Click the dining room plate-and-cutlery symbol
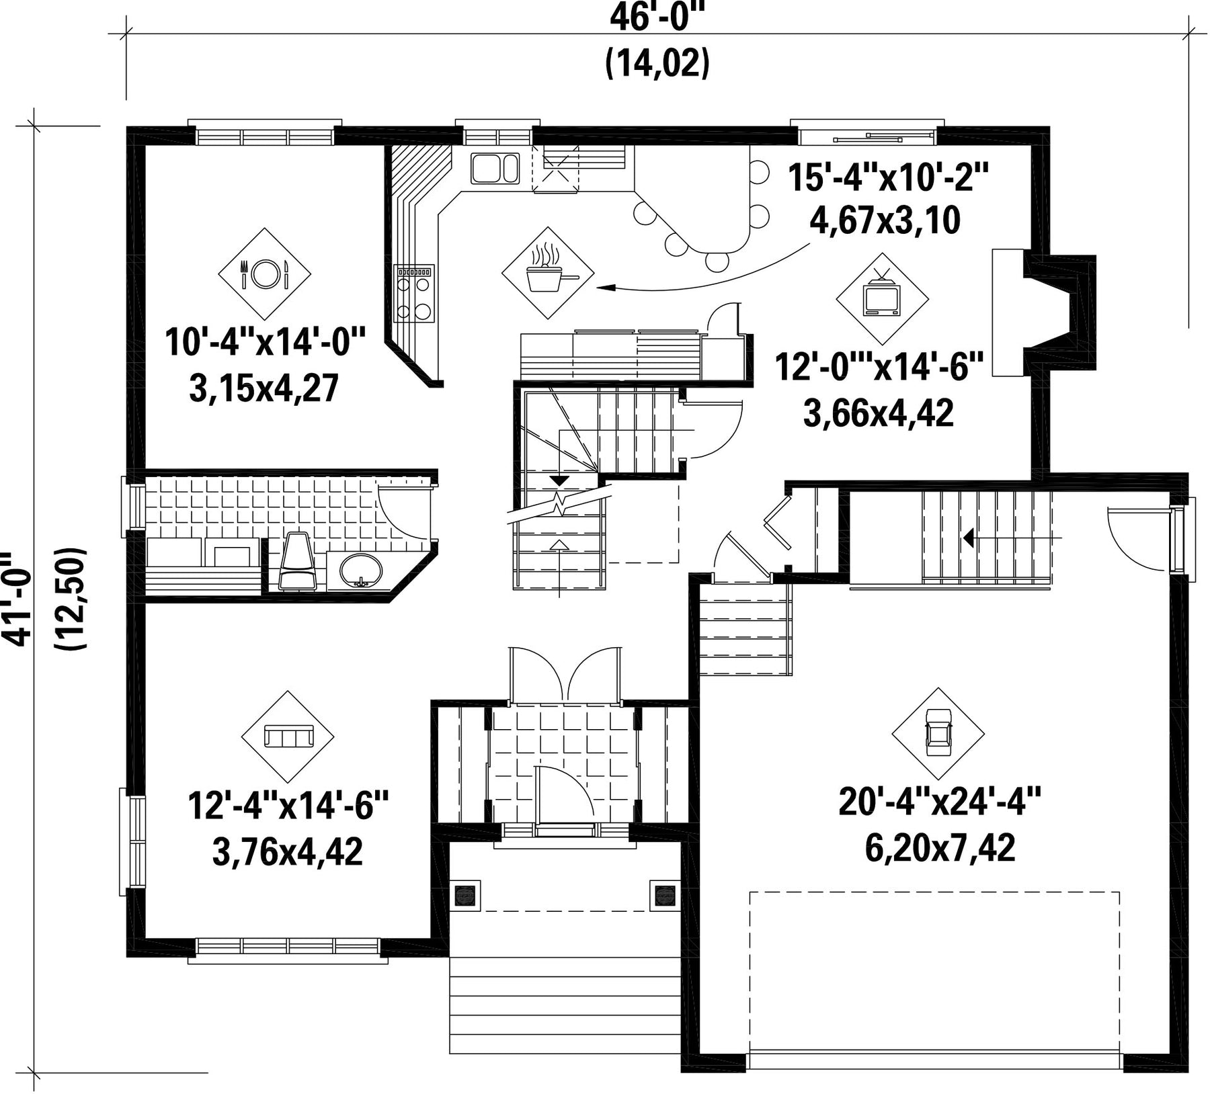pyautogui.click(x=265, y=273)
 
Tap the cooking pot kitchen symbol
pyautogui.click(x=548, y=272)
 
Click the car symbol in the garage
pyautogui.click(x=938, y=732)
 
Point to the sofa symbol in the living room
pyautogui.click(x=288, y=737)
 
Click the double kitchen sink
pyautogui.click(x=495, y=168)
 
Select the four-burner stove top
pyautogui.click(x=414, y=293)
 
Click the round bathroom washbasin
pyautogui.click(x=361, y=571)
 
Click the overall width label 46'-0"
pyautogui.click(x=659, y=18)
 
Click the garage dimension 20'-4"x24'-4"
pyautogui.click(x=940, y=802)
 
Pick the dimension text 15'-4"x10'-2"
pyautogui.click(x=888, y=178)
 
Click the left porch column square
pyautogui.click(x=466, y=894)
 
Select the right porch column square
pyautogui.click(x=665, y=894)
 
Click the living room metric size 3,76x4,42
pyautogui.click(x=288, y=852)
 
